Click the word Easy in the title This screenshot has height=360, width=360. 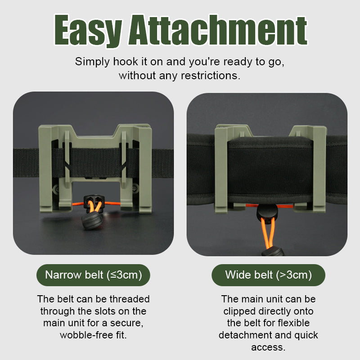88,30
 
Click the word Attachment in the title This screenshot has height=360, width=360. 217,30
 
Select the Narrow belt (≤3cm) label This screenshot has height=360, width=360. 93,275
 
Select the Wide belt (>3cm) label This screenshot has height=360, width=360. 268,275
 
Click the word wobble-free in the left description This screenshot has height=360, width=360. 86,335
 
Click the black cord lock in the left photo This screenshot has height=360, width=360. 92,201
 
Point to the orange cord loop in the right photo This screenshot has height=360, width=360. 268,232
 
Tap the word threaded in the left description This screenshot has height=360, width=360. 130,299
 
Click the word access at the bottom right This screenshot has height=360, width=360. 268,347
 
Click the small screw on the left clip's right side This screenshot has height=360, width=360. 135,188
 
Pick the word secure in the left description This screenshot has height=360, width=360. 127,323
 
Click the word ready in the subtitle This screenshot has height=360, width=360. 238,62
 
